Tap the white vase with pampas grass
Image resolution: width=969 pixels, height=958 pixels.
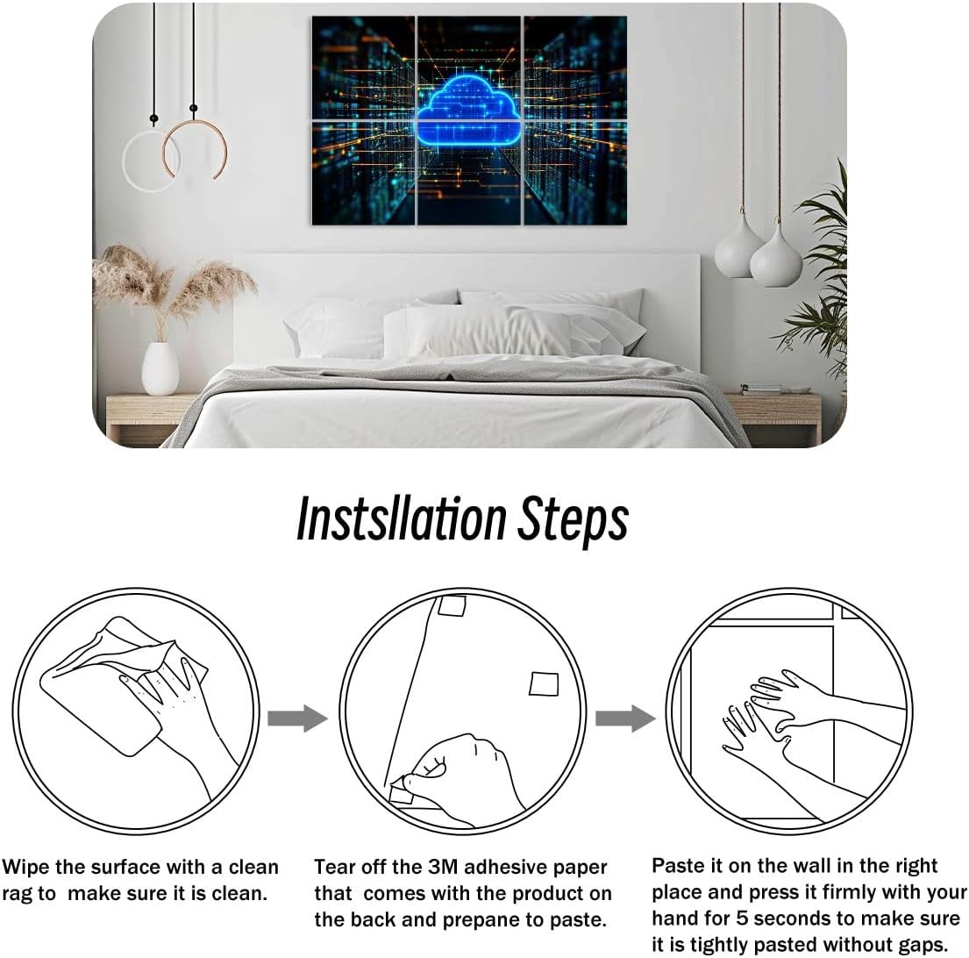(160, 368)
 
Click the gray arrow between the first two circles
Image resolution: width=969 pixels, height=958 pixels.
(296, 719)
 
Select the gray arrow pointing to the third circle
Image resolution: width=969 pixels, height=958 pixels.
(624, 719)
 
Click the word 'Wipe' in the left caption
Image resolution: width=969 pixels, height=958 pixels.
(26, 868)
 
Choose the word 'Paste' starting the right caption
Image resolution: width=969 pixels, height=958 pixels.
(680, 866)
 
